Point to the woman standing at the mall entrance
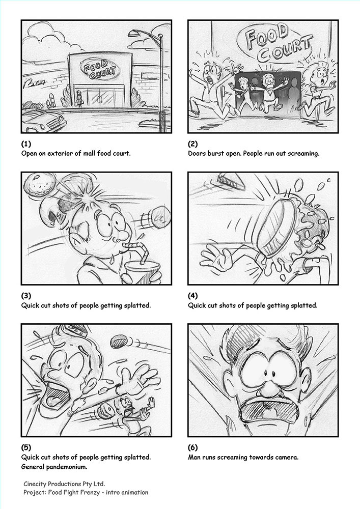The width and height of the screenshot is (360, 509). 79,99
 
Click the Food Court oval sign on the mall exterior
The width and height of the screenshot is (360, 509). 100,69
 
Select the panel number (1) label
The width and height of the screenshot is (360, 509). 26,144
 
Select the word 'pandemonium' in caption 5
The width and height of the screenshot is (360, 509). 67,467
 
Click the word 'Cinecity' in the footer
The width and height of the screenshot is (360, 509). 35,484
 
